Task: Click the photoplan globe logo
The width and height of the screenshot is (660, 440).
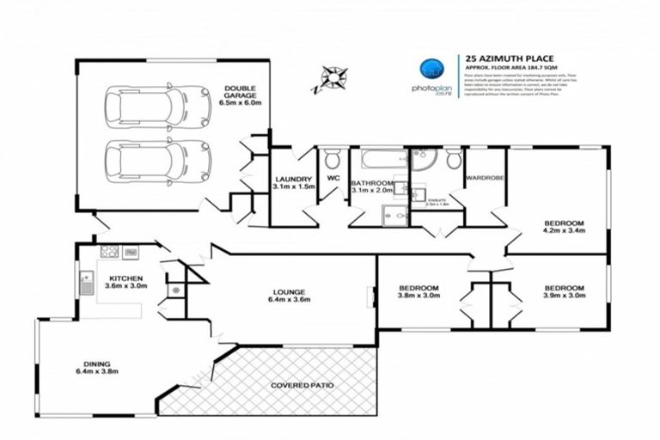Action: [x=431, y=70]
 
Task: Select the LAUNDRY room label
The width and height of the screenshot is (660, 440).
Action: [x=292, y=179]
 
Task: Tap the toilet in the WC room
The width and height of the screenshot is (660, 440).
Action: [x=333, y=159]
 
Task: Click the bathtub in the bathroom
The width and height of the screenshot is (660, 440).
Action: [x=378, y=160]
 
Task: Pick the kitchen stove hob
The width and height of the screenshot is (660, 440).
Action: [x=109, y=252]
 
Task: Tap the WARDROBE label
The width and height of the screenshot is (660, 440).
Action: [x=484, y=179]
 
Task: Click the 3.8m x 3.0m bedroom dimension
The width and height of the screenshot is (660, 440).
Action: [x=419, y=296]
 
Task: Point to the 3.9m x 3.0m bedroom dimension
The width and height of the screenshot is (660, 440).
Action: [x=564, y=296]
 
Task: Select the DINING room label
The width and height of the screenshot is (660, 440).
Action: [x=96, y=364]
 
